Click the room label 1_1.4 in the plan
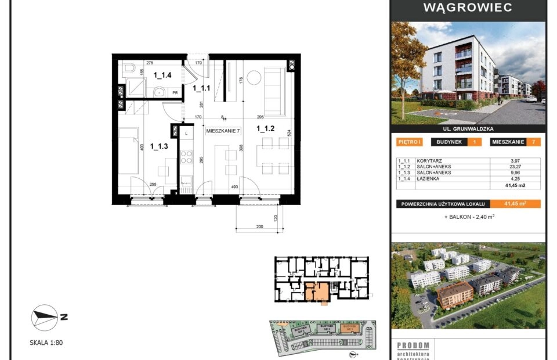pos(162,75)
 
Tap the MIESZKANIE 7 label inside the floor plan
pos(223,131)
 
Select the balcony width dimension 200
pos(259,227)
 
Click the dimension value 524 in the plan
pos(288,133)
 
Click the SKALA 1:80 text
pos(46,343)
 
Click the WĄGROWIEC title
pos(468,8)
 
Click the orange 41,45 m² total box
pos(515,203)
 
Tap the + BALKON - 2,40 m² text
pos(469,217)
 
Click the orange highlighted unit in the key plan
pos(317,291)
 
